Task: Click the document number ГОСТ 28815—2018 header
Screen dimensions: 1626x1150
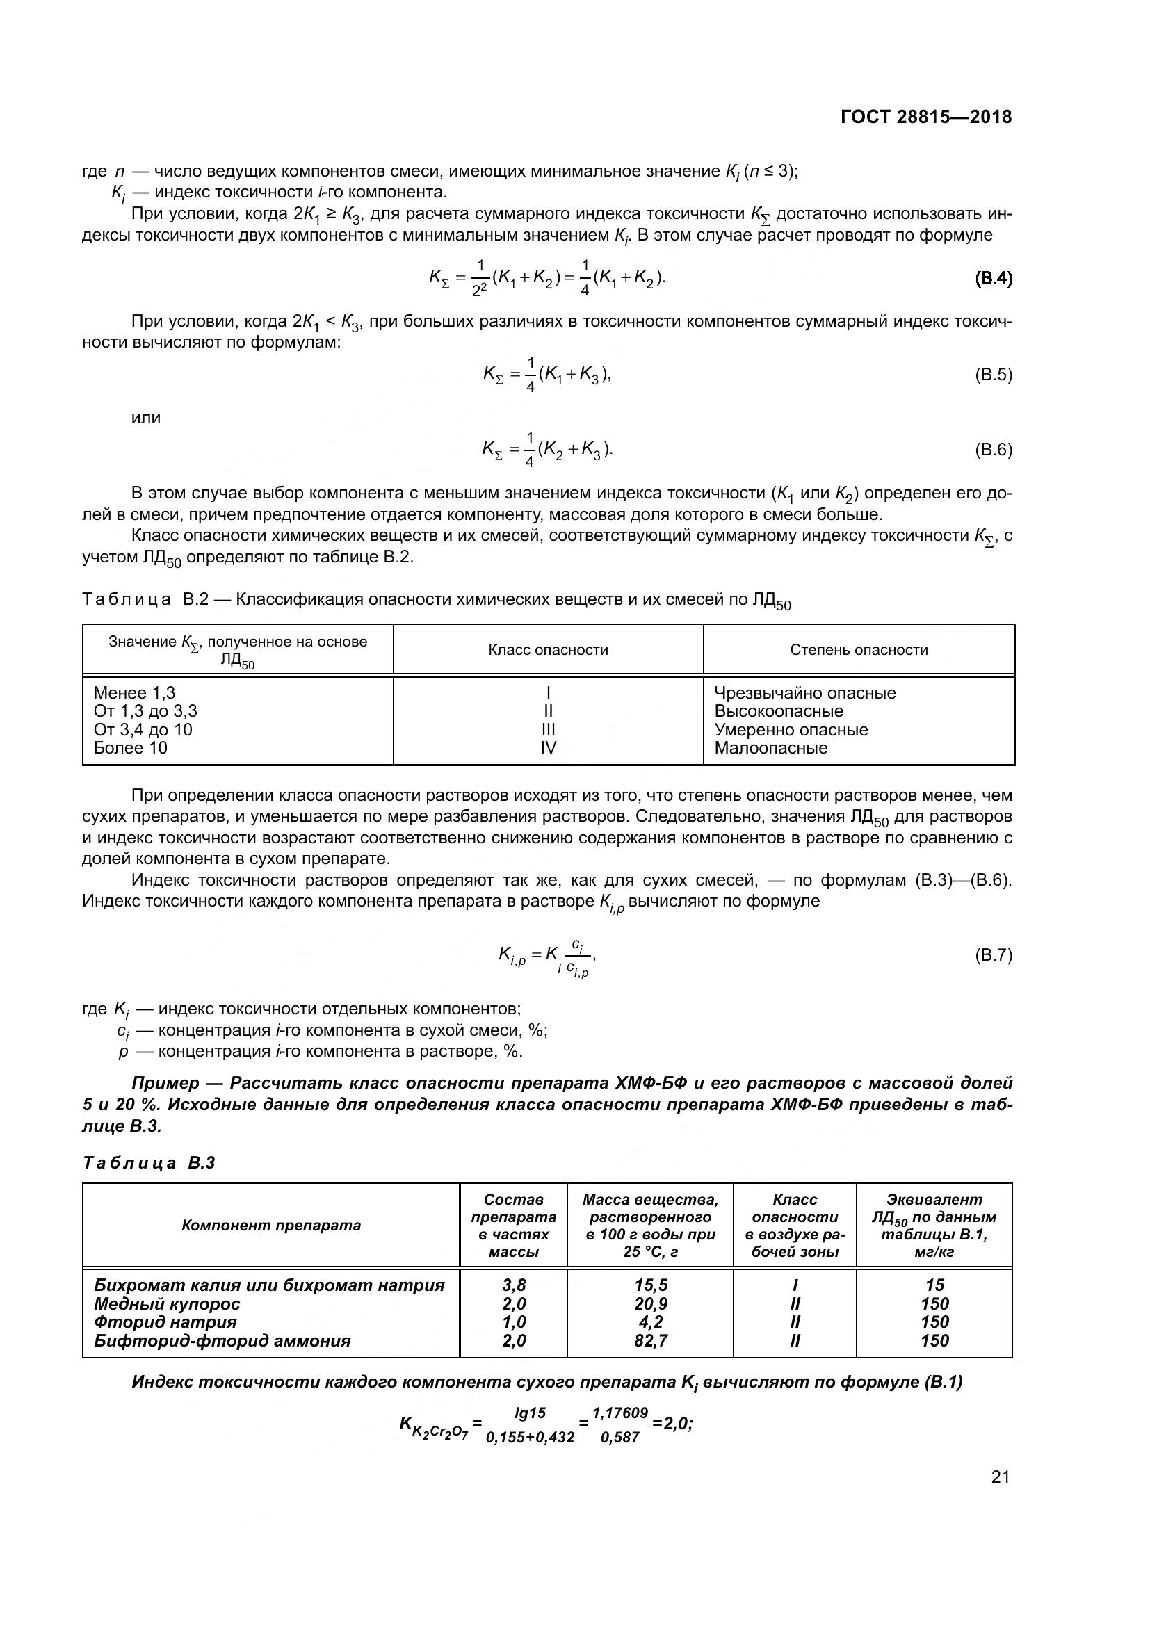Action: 926,117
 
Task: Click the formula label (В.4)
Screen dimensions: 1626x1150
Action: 994,278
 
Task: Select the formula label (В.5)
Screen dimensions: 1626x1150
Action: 994,375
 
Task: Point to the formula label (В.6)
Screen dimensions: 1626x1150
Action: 994,450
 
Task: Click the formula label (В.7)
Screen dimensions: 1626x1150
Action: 994,955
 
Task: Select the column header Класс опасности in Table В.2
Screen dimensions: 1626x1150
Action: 548,650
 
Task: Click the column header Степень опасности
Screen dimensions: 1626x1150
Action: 858,650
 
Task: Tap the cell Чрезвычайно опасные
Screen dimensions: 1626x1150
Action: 804,692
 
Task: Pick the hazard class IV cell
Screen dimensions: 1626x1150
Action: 548,748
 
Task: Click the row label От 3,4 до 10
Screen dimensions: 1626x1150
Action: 143,729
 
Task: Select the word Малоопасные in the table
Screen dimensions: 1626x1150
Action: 770,748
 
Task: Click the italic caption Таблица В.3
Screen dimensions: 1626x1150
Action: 149,1163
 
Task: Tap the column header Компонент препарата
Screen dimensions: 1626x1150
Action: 271,1225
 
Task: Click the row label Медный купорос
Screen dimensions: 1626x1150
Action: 167,1303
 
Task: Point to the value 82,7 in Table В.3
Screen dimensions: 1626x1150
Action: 651,1340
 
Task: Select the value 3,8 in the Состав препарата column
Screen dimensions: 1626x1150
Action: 513,1285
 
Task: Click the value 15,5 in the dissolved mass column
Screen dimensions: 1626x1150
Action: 651,1285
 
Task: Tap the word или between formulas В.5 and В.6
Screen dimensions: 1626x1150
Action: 146,418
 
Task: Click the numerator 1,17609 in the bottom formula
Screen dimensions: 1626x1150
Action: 619,1413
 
